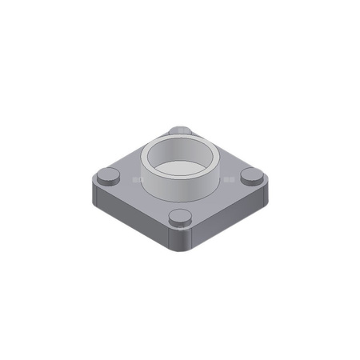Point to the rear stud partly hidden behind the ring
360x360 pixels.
(181, 130)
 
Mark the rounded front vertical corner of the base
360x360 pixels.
(182, 240)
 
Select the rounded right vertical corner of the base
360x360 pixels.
(265, 194)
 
